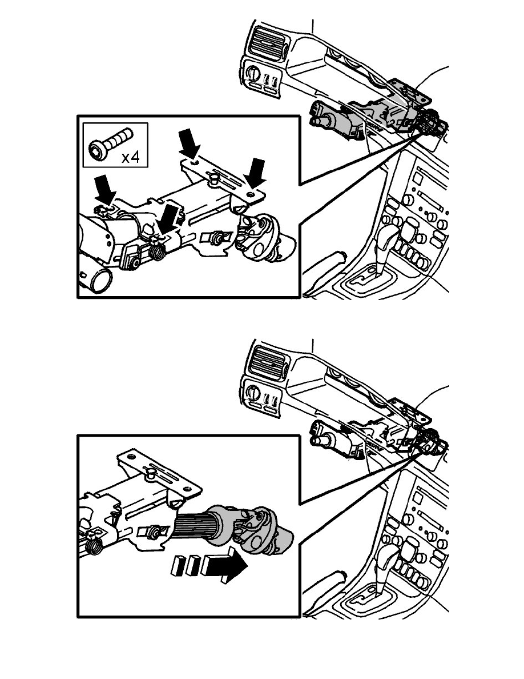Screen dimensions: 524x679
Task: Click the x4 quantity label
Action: (x=130, y=157)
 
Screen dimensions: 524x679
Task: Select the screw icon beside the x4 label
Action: (x=110, y=144)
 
